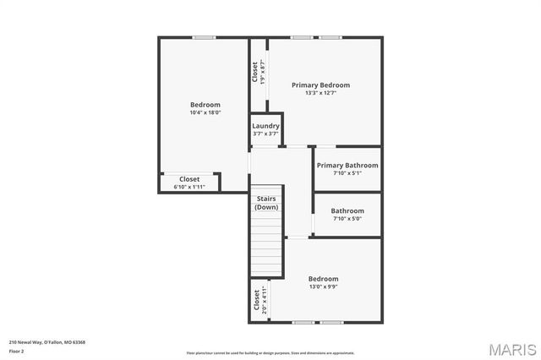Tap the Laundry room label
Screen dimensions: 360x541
265,126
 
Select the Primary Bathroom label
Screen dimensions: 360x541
347,165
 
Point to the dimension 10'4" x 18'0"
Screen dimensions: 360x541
205,112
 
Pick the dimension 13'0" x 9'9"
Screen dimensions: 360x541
323,287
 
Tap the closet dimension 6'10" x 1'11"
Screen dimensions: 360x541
189,186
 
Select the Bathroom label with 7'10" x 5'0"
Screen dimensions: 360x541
347,210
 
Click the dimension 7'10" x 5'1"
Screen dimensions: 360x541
347,173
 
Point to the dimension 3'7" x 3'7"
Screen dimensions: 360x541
265,134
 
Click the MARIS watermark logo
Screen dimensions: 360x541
510,348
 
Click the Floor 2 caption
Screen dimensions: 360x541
16,350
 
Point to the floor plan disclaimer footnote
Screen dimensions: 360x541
270,352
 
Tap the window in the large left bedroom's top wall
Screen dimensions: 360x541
203,37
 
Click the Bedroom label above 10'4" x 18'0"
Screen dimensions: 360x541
205,105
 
